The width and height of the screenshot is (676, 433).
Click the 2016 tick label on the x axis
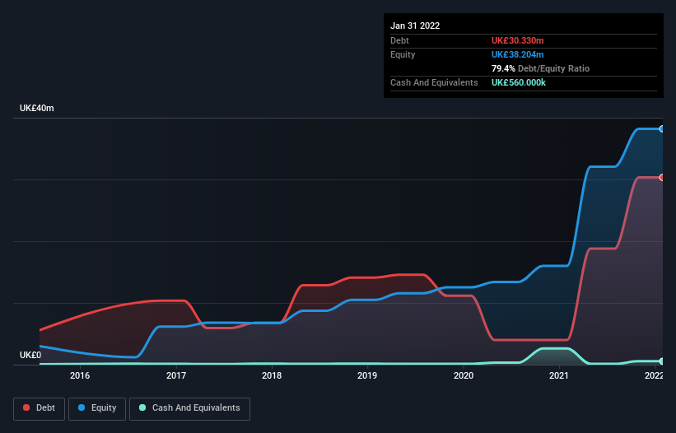(80, 375)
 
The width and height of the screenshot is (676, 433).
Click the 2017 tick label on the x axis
(175, 375)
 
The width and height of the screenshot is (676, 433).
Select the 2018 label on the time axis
(272, 375)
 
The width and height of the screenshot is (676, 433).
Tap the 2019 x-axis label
(367, 375)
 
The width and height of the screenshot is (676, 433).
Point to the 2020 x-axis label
(464, 375)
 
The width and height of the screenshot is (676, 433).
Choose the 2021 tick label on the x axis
(559, 375)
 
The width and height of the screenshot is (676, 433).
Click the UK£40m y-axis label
(36, 109)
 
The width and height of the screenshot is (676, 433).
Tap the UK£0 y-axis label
(30, 355)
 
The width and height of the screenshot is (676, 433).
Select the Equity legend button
(97, 407)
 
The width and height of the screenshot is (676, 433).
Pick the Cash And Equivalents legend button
(189, 407)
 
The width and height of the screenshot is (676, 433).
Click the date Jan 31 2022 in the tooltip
(415, 26)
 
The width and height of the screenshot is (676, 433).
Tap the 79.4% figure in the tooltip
(503, 68)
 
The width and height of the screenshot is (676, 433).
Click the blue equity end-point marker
(661, 129)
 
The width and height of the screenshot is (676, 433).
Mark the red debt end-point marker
(661, 178)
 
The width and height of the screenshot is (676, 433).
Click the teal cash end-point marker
(661, 361)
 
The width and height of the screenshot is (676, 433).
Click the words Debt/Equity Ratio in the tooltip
(553, 68)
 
